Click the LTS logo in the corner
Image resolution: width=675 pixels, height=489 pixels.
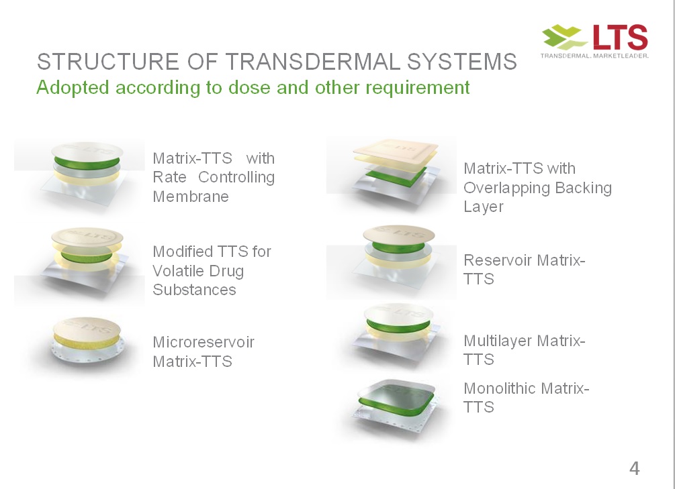[x=594, y=40]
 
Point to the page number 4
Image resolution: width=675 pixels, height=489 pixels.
[x=634, y=468]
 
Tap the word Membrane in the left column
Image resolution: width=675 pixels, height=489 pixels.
[x=191, y=197]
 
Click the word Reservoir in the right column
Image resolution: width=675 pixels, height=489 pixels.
[x=498, y=260]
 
